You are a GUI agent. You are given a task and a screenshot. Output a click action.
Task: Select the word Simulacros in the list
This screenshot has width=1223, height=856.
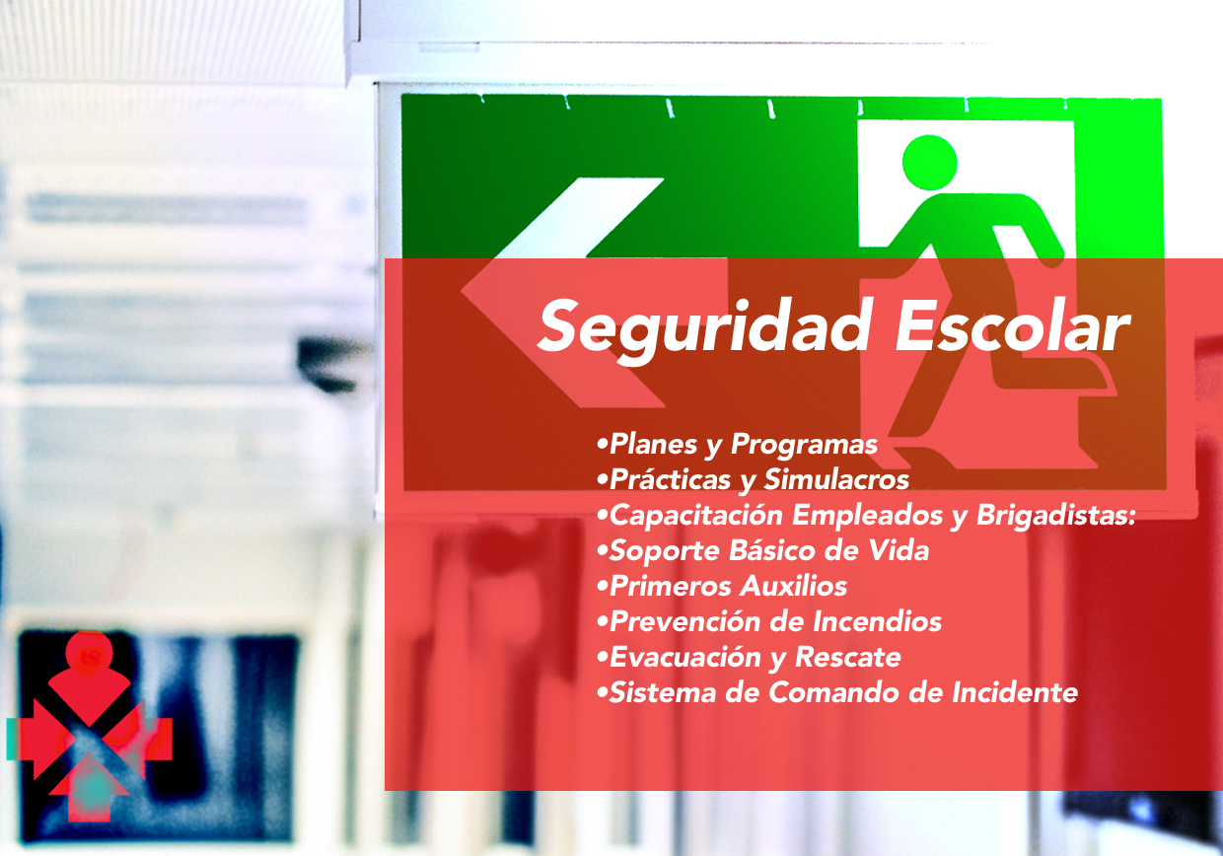[x=836, y=479]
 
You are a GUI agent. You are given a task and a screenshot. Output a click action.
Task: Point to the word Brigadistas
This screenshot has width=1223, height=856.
[x=1056, y=516]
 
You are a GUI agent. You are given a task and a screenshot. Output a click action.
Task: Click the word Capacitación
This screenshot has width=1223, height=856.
[x=696, y=516]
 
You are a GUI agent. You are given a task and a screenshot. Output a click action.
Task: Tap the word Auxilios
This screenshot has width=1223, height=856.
[x=794, y=587]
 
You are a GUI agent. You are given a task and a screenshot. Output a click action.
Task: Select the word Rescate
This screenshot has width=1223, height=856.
[x=848, y=657]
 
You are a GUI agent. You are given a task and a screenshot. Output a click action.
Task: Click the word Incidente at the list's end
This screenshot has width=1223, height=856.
[x=1015, y=692]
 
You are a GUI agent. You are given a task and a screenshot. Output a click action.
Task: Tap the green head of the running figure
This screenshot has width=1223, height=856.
[x=929, y=163]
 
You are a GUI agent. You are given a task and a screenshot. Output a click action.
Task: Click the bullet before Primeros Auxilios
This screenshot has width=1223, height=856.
[x=603, y=587]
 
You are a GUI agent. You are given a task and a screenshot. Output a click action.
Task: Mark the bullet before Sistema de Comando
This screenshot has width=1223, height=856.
[x=603, y=693]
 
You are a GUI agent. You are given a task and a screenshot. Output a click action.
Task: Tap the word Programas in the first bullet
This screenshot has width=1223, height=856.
[x=804, y=445]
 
